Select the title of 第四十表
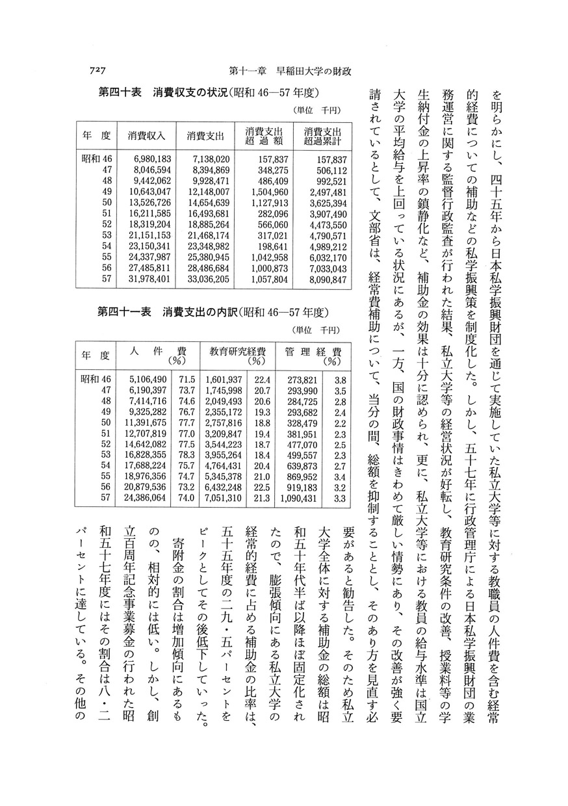coord(209,92)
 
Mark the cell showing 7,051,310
coord(224,499)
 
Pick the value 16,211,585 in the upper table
coord(147,214)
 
